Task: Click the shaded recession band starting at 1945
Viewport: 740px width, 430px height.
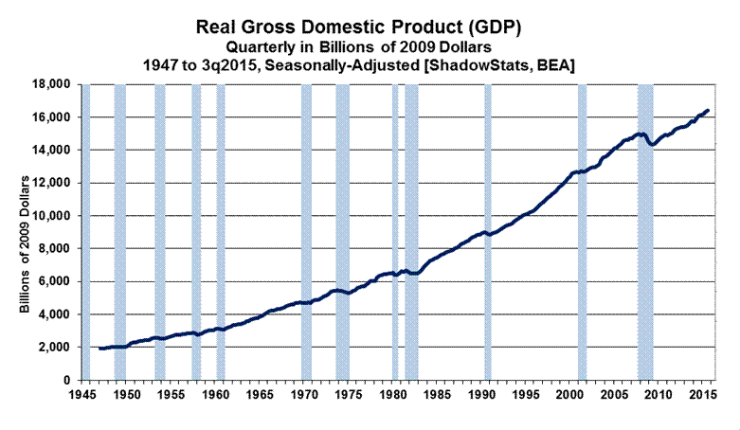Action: point(85,232)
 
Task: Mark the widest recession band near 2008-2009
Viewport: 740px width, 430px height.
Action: point(645,232)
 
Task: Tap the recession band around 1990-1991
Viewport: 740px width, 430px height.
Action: point(488,232)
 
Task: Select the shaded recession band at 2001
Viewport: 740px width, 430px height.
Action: point(582,232)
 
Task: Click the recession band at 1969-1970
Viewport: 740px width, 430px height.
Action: point(306,232)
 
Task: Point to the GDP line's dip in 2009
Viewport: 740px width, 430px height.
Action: point(652,144)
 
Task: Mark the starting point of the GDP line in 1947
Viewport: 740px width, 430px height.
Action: point(99,349)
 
